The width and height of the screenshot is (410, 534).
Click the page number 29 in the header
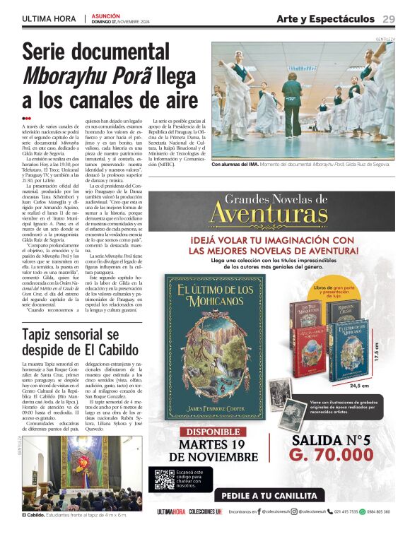(389, 18)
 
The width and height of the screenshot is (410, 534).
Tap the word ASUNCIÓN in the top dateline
(106, 15)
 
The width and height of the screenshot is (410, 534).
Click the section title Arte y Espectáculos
(325, 18)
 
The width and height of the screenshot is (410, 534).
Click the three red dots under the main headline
(27, 119)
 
